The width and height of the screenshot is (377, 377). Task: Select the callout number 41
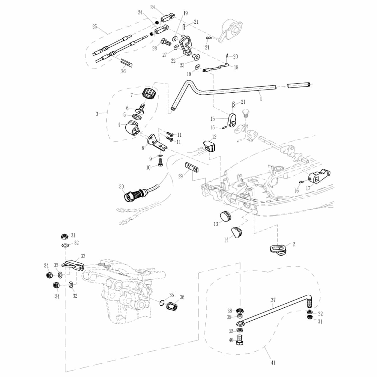coord(274,362)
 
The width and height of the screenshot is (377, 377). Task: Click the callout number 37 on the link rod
coord(273,300)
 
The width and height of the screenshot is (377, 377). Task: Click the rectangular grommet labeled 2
coord(278,249)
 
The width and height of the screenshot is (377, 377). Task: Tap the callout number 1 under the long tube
coord(261,99)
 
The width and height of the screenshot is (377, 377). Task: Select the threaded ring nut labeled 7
coord(150,92)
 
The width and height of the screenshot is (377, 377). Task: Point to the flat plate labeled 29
coord(192,167)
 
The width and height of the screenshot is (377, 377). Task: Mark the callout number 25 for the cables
coord(95,27)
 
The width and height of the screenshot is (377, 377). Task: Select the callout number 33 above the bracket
coord(83,256)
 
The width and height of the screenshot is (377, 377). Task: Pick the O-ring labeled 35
coord(162,302)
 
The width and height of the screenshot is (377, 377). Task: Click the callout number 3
coord(97,114)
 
